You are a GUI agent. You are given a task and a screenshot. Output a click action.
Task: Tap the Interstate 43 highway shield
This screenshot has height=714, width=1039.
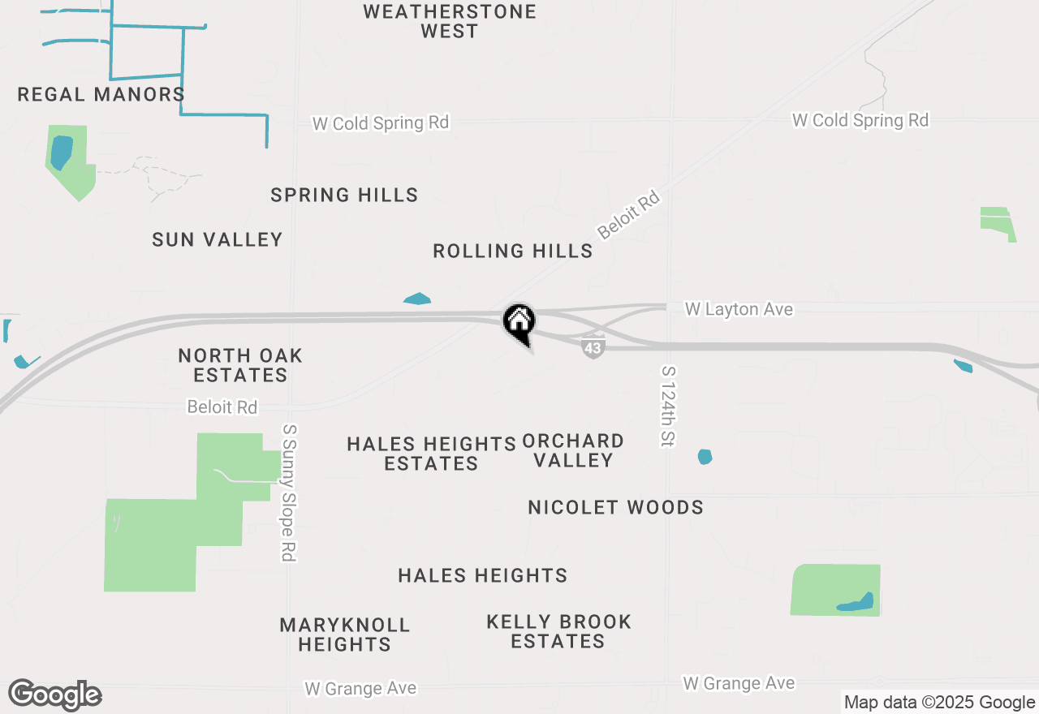[x=593, y=348]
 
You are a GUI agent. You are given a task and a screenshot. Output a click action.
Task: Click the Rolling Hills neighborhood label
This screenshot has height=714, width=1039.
[x=513, y=252]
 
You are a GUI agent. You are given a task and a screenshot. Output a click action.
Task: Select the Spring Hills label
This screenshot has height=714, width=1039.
[x=344, y=196]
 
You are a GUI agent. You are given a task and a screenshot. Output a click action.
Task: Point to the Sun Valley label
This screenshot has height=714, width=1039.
[x=218, y=239]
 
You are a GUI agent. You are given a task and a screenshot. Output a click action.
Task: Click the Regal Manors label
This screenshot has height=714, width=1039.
[x=101, y=95]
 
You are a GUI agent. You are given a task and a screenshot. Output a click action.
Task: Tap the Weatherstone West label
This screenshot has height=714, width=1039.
[x=450, y=22]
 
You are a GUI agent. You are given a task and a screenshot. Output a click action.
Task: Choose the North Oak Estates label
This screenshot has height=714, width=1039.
[x=240, y=365]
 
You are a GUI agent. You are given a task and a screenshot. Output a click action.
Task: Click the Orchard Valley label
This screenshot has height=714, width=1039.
[x=573, y=451]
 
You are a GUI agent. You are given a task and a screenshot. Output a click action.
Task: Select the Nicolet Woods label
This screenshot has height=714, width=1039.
[x=615, y=508]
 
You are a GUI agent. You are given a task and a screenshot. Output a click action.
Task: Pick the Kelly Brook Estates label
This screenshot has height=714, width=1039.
[x=558, y=631]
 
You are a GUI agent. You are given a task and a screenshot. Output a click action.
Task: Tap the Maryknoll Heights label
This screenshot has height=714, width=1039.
[x=345, y=634]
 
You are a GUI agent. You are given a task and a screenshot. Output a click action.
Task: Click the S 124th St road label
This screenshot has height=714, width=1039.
[x=668, y=406]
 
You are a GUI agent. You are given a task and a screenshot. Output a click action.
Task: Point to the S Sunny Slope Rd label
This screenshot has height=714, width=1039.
[x=288, y=492]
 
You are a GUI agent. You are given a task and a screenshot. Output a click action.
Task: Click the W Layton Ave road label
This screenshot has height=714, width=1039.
[x=739, y=309]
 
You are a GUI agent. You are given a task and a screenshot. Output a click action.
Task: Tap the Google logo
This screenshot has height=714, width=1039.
[x=54, y=695]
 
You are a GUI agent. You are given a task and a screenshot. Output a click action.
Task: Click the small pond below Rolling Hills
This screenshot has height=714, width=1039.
[x=417, y=299]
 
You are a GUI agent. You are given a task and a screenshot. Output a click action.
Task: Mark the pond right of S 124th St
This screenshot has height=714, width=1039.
[x=705, y=457]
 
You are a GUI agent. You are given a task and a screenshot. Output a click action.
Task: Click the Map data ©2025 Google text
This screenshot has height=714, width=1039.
[x=938, y=703]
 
